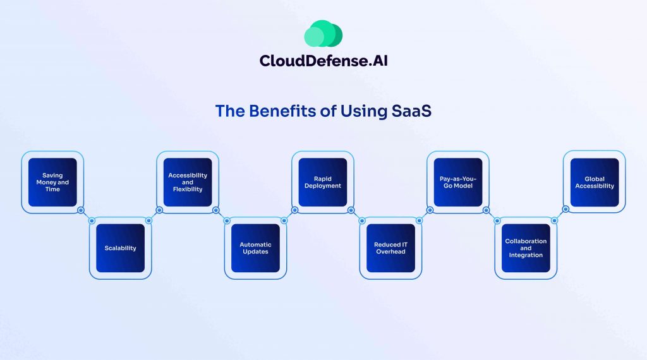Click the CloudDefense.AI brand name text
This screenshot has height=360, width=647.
click(x=323, y=61)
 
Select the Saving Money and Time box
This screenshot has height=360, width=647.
click(x=52, y=182)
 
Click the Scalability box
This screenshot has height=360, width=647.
click(x=120, y=248)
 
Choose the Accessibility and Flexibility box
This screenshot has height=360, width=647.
click(x=188, y=182)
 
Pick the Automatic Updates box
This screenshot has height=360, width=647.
click(x=255, y=248)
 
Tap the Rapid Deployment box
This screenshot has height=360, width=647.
click(x=323, y=182)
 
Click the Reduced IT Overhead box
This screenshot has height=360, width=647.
click(x=390, y=248)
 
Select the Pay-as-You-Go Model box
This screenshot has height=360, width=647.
click(x=458, y=182)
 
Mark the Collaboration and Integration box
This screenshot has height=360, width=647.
click(x=526, y=248)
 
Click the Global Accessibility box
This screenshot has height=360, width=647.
click(x=594, y=182)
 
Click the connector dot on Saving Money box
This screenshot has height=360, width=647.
click(x=81, y=210)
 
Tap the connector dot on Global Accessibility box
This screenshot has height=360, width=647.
click(x=565, y=210)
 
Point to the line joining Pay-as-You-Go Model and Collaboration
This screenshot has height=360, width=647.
click(x=492, y=215)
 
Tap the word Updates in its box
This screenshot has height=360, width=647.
click(x=255, y=251)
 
